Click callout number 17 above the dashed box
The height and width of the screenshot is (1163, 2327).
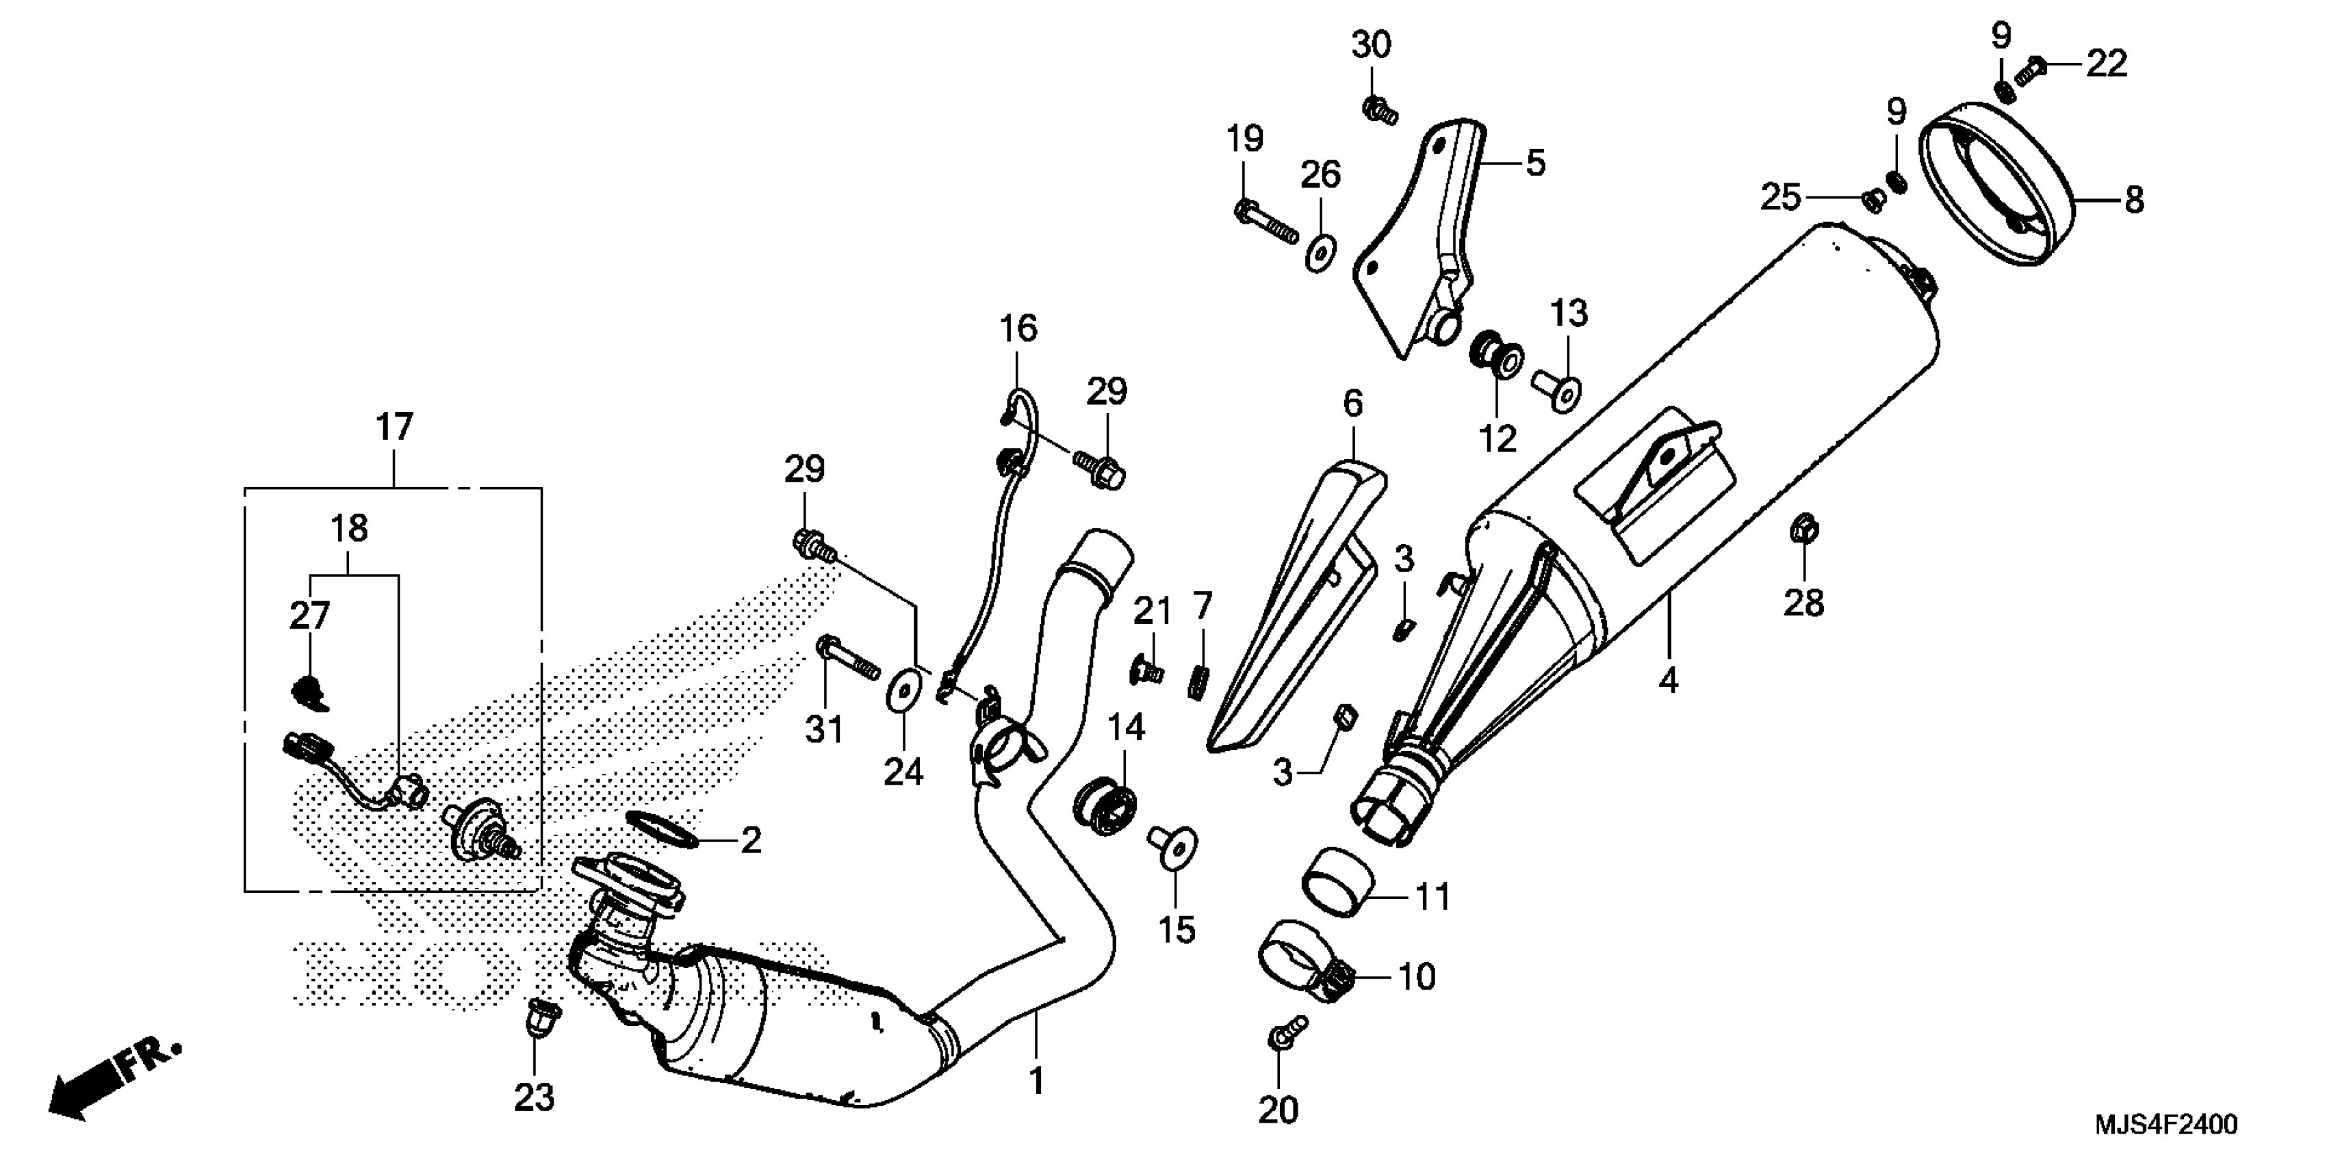click(394, 427)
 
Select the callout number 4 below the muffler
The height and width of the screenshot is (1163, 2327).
click(1667, 680)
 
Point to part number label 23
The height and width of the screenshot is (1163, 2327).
click(534, 1099)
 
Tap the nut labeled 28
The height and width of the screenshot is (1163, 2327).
click(1803, 528)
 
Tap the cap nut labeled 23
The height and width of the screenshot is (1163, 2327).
click(541, 1019)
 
